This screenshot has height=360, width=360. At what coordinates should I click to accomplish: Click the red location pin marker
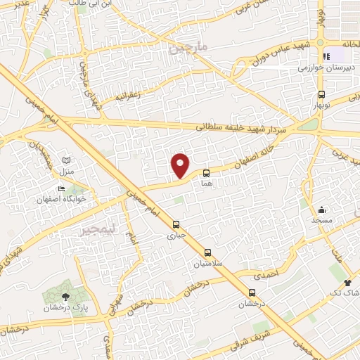click(181, 165)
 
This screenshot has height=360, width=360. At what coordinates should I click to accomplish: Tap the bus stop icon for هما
click(207, 172)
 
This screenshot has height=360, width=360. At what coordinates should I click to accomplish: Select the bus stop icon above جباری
click(176, 225)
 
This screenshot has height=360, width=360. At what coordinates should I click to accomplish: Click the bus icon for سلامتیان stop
click(207, 252)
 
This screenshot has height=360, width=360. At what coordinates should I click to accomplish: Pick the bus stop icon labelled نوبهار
click(321, 94)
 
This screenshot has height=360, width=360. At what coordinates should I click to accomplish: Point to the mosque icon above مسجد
click(322, 210)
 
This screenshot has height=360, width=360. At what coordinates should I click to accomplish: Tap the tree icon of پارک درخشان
click(66, 297)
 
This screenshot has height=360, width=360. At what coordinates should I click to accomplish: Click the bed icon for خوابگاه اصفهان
click(61, 188)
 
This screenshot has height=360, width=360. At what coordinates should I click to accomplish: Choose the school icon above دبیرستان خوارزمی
click(325, 57)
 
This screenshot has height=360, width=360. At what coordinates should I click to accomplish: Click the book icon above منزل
click(67, 162)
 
